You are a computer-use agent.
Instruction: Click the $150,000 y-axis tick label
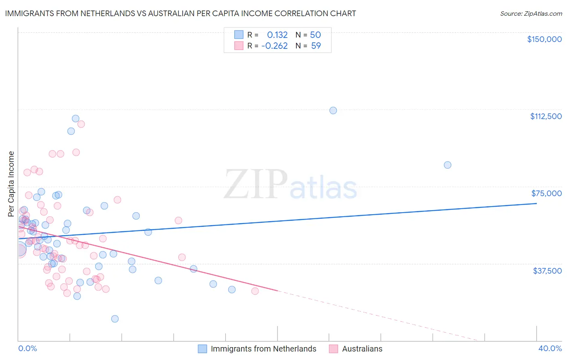coord(544,39)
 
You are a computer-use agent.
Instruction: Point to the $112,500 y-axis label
coord(546,116)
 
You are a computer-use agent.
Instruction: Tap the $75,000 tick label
coord(546,193)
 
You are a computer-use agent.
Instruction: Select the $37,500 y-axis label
coord(547,271)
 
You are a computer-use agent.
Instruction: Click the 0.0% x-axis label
coord(27,348)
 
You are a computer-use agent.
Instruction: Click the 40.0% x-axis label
coord(550,348)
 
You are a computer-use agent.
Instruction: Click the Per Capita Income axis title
coord(11,184)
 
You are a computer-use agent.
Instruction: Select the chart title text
coord(180,13)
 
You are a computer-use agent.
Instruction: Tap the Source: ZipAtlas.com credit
coord(531,13)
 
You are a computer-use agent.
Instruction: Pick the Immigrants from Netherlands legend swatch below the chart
coord(202,349)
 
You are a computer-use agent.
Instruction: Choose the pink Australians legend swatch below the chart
coord(334,349)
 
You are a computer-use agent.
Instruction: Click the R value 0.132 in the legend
coord(277,35)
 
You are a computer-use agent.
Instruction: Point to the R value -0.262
coord(274,46)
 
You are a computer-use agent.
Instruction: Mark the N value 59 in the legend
coord(316,46)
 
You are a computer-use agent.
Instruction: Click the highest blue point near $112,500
coord(333,110)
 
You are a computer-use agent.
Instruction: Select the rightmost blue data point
coord(447,165)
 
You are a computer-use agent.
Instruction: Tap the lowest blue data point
coord(115,319)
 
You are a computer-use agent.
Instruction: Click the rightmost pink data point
coord(255,291)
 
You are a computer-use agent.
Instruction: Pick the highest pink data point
coord(81,124)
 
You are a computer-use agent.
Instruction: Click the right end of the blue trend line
coord(536,203)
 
